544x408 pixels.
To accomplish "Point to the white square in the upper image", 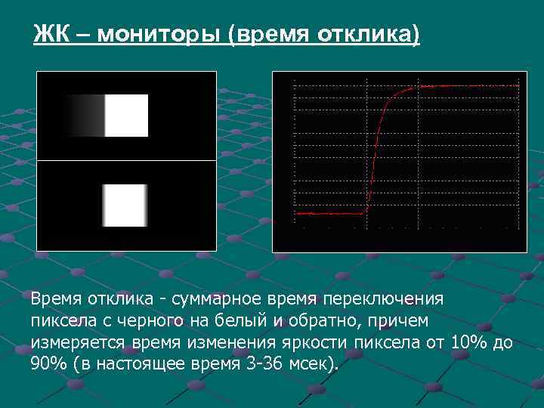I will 126,116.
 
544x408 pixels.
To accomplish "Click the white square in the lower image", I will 124,206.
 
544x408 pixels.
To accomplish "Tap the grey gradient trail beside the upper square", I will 85,116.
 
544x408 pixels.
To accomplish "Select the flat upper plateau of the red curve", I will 468,86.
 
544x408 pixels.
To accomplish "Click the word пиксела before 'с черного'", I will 61,321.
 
